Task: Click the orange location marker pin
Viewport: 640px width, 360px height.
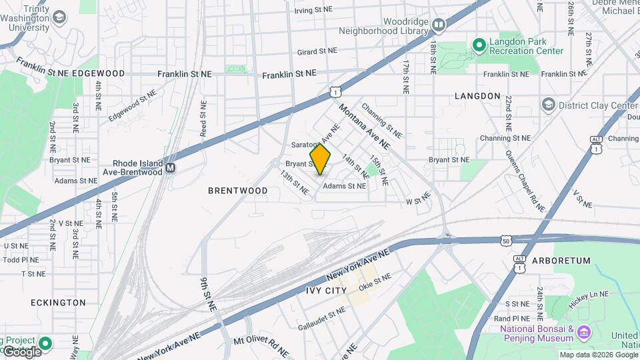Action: click(x=321, y=159)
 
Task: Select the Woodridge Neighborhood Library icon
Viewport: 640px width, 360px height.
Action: click(x=438, y=26)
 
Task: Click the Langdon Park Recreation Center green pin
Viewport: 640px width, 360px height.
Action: click(x=479, y=45)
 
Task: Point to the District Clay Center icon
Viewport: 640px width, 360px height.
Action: click(x=548, y=105)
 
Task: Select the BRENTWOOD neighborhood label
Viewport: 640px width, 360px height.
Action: click(x=238, y=191)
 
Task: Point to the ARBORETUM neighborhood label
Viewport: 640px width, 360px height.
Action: click(x=561, y=261)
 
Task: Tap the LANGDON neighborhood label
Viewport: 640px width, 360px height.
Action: click(x=477, y=96)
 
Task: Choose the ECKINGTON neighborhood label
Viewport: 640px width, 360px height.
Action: click(x=58, y=303)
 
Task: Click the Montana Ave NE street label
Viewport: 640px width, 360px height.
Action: click(x=364, y=125)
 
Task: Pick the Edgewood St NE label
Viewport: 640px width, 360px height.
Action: click(x=137, y=106)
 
